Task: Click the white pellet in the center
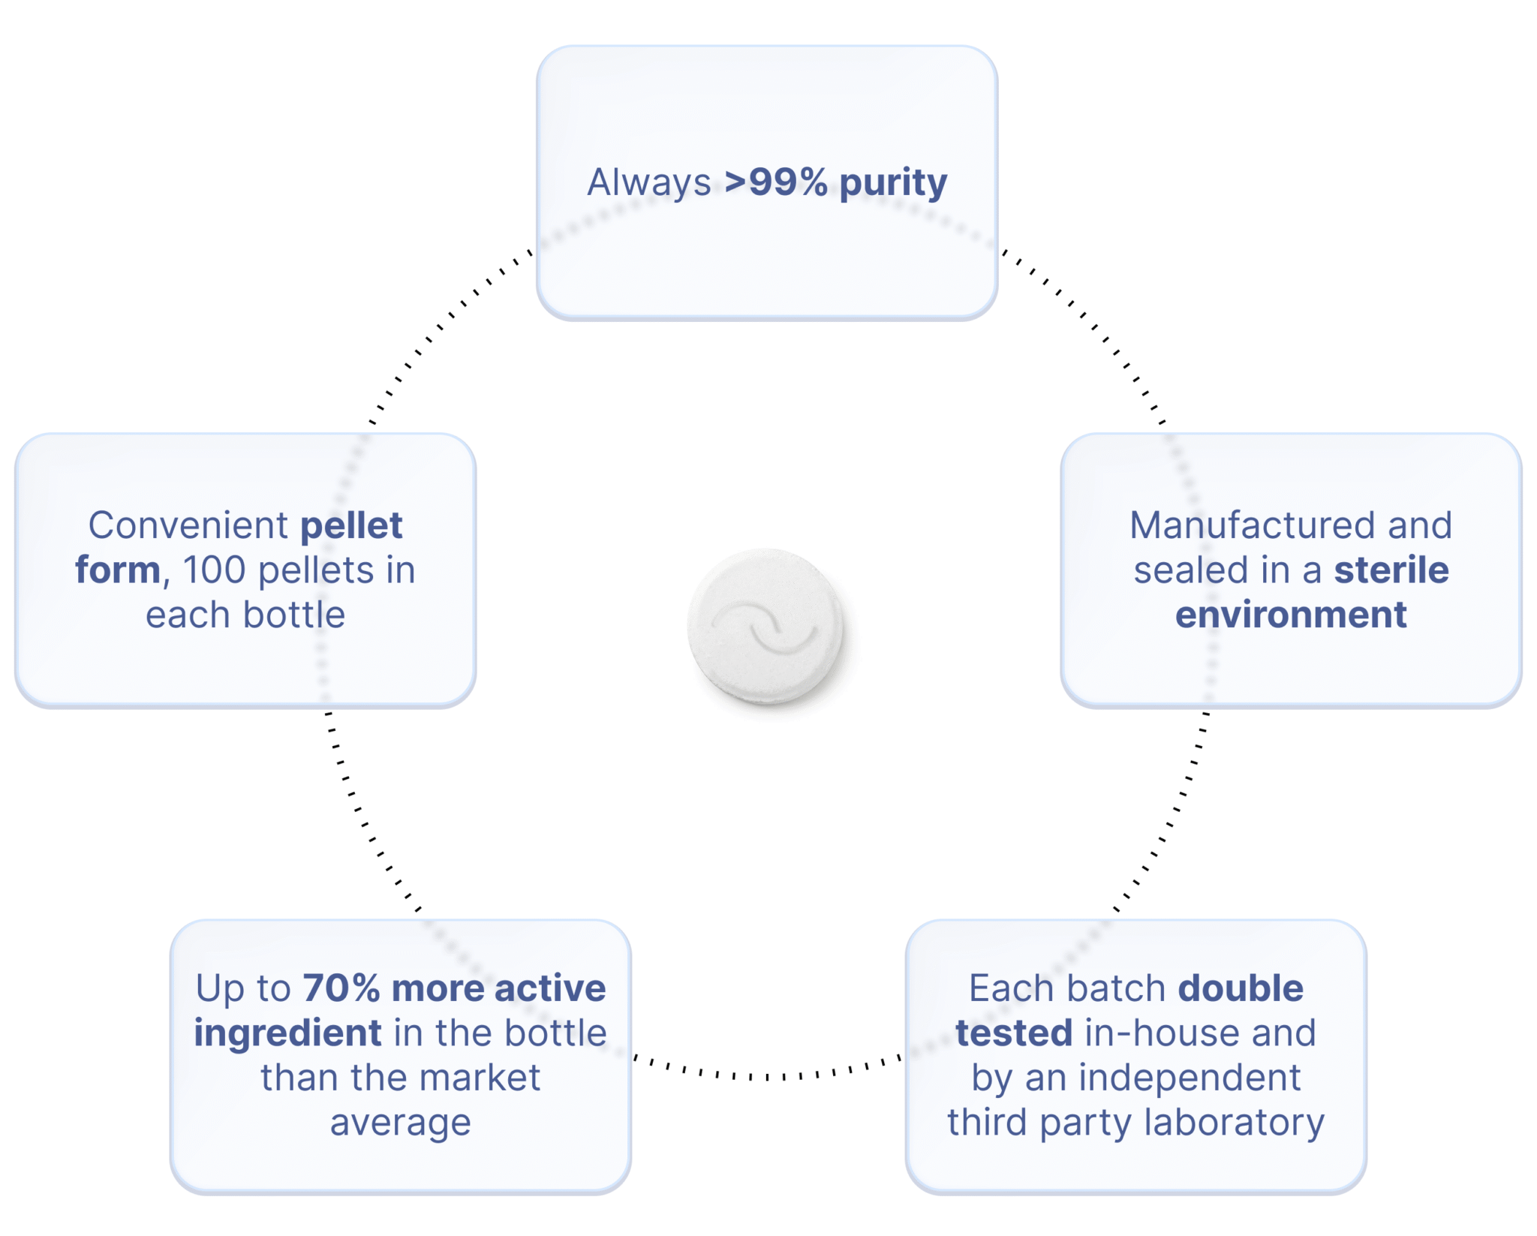point(765,627)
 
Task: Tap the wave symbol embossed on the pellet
point(764,626)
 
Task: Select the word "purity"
point(893,184)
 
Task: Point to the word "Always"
point(649,183)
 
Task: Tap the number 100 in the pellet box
point(214,570)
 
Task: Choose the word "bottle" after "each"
point(294,615)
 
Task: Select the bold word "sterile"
point(1391,570)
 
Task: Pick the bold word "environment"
point(1291,615)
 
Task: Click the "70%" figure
point(341,988)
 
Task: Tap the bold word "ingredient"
point(288,1034)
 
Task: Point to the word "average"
point(401,1123)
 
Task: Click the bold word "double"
point(1241,988)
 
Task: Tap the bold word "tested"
point(1014,1033)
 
